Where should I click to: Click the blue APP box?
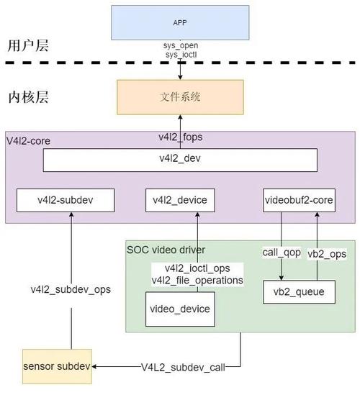click(180, 23)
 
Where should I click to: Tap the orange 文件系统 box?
click(180, 97)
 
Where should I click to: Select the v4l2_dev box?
click(180, 160)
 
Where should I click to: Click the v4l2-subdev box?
click(66, 200)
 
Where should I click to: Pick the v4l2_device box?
click(180, 200)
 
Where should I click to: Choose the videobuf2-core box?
click(299, 200)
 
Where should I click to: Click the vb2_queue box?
click(299, 292)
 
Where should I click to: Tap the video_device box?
click(180, 309)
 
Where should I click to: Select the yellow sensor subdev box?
click(57, 366)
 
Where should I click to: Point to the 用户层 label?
click(28, 46)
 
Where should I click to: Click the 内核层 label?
click(28, 97)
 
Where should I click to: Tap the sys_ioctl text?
click(181, 55)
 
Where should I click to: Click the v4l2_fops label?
click(181, 137)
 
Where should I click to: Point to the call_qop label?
click(282, 253)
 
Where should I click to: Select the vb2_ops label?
click(327, 254)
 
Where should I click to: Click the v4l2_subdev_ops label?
click(71, 290)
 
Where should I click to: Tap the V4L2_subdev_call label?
click(183, 368)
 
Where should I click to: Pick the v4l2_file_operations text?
click(197, 281)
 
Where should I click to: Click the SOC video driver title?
click(166, 250)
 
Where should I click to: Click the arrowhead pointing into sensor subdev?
click(94, 366)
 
